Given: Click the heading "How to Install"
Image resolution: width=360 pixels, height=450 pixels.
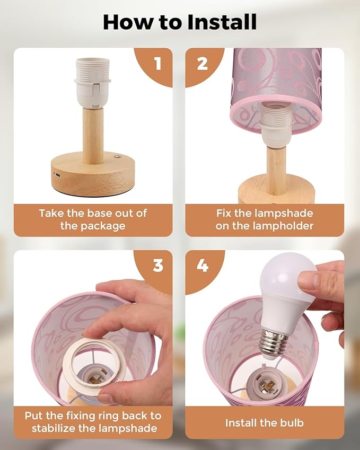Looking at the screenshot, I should (180, 22).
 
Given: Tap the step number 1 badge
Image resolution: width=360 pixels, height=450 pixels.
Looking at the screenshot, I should (157, 64).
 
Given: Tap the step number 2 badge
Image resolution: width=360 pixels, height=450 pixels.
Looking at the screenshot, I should (203, 64).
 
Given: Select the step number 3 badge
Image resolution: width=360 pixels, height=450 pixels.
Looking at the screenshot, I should (157, 266).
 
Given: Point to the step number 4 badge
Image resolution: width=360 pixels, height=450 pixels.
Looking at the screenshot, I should (203, 266).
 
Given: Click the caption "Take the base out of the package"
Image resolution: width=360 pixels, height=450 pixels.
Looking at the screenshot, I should (93, 219).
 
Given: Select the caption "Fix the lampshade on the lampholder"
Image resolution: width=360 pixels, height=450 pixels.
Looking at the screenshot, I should (265, 219).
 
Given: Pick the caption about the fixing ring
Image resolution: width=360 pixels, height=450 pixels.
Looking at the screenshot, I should (93, 422).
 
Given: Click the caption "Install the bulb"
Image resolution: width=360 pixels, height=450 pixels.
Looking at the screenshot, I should (265, 422).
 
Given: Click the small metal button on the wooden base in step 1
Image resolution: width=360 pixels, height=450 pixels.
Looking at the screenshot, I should (118, 157).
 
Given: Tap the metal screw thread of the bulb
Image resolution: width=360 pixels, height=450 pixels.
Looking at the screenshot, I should (274, 342).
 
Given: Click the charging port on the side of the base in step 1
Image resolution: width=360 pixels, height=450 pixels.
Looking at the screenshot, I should (56, 174).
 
